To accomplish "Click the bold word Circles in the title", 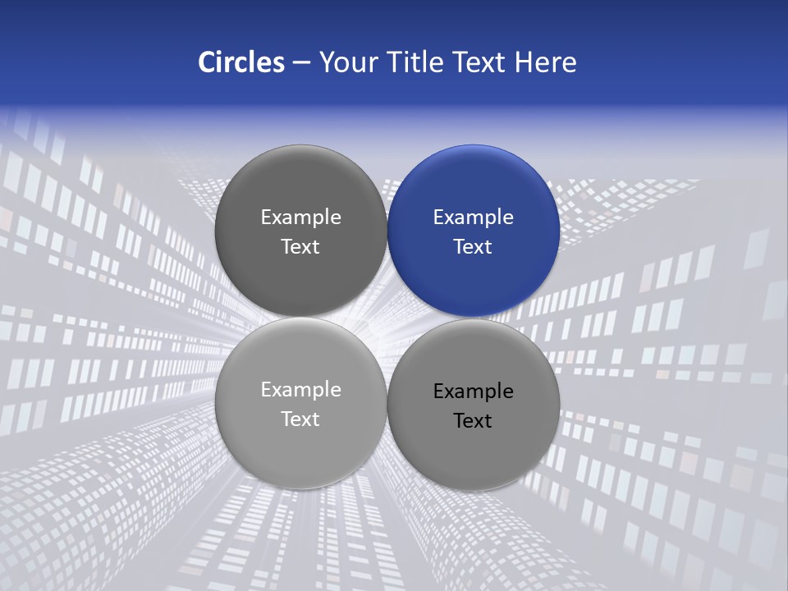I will (241, 62).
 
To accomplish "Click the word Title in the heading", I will (416, 62).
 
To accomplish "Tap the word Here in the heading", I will (545, 62).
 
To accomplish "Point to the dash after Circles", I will (301, 63).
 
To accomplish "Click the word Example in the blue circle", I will (473, 218).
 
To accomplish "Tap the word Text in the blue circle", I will (473, 247).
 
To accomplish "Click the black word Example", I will (473, 392).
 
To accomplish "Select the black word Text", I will (473, 421).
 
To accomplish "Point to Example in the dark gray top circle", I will (300, 218).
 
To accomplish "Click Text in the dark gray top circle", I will (300, 247).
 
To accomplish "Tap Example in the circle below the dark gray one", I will (300, 390).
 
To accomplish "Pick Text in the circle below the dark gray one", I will (300, 419).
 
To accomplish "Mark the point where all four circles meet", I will (387, 318).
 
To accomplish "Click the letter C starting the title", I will (207, 62).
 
